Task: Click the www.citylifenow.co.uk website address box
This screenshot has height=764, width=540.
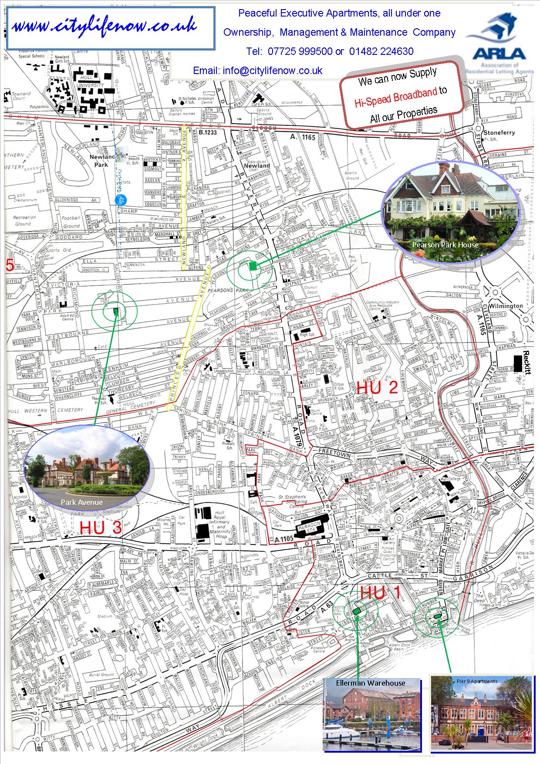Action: (x=111, y=28)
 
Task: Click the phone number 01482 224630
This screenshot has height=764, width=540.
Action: (x=381, y=51)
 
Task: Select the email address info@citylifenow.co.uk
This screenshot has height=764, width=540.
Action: (x=272, y=71)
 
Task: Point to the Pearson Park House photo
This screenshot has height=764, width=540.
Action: (x=450, y=213)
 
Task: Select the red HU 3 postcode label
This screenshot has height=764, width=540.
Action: (x=101, y=528)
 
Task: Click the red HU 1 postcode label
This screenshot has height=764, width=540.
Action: (x=380, y=593)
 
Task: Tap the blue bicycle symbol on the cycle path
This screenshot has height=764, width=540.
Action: (x=121, y=199)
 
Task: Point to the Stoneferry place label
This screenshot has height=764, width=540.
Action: (x=499, y=132)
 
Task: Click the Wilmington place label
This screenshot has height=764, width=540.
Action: (x=505, y=306)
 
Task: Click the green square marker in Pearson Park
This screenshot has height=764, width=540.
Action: (x=253, y=266)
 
